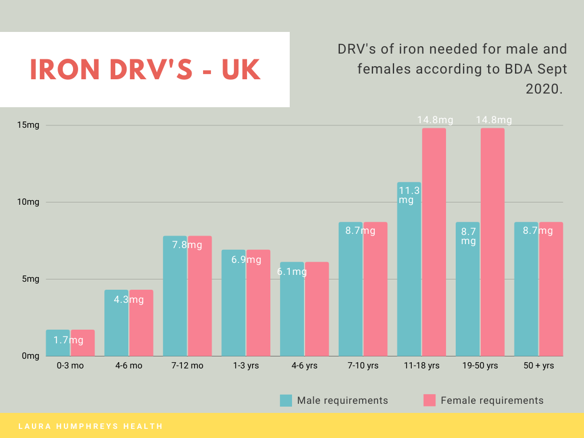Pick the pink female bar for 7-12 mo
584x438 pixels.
(x=200, y=296)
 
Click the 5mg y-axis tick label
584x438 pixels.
(x=30, y=279)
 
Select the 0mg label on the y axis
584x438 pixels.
(x=30, y=356)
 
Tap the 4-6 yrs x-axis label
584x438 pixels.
(x=304, y=366)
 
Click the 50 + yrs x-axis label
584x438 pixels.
(x=538, y=366)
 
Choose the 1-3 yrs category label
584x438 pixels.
(x=245, y=366)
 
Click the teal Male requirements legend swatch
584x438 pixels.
(x=286, y=400)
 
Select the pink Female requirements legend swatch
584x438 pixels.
(x=429, y=400)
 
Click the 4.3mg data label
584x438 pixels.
(x=128, y=299)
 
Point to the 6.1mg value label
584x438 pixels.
(x=292, y=272)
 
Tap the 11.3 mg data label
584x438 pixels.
(x=409, y=195)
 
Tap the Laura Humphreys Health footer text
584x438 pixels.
(x=90, y=426)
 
